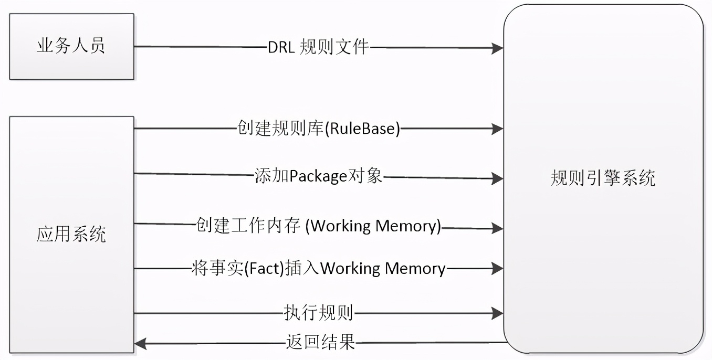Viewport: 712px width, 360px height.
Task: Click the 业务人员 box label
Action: [x=71, y=46]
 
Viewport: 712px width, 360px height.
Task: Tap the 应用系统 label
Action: [x=71, y=234]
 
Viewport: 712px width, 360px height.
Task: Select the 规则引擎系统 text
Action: [x=603, y=178]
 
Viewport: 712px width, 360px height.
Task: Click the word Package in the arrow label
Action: [x=317, y=177]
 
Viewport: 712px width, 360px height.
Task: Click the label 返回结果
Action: [x=321, y=343]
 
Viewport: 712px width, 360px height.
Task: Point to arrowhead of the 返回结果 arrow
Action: [x=141, y=344]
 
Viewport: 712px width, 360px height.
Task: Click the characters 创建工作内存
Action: [x=247, y=226]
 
